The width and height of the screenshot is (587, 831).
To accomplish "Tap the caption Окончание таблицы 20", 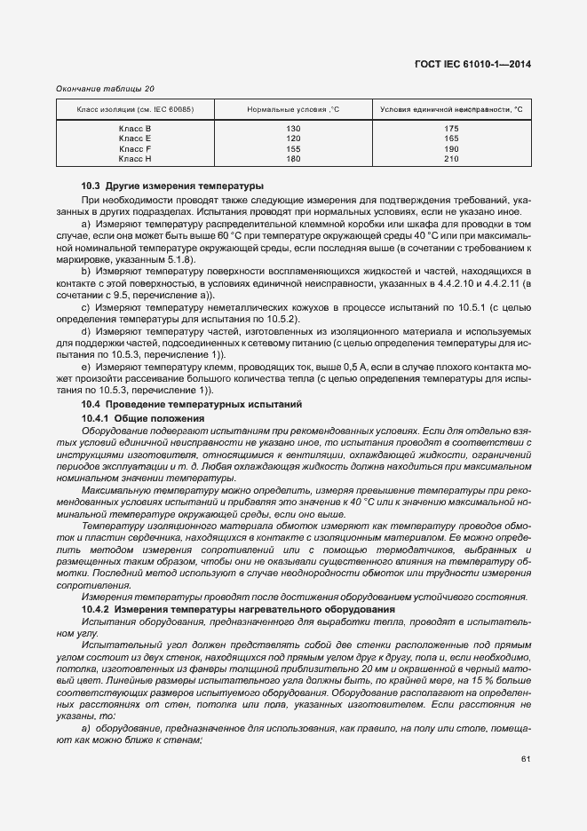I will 105,89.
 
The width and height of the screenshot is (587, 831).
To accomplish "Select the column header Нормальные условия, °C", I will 293,109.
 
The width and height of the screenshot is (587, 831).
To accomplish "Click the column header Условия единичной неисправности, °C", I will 450,109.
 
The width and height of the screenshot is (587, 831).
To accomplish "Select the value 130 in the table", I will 293,129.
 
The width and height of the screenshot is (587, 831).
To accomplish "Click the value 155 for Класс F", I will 293,148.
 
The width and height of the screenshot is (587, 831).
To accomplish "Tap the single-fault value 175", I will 450,129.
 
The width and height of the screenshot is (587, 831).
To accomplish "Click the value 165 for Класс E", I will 450,138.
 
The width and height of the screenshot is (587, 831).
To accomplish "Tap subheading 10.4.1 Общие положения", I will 143,417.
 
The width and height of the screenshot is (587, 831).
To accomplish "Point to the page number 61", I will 526,757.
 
